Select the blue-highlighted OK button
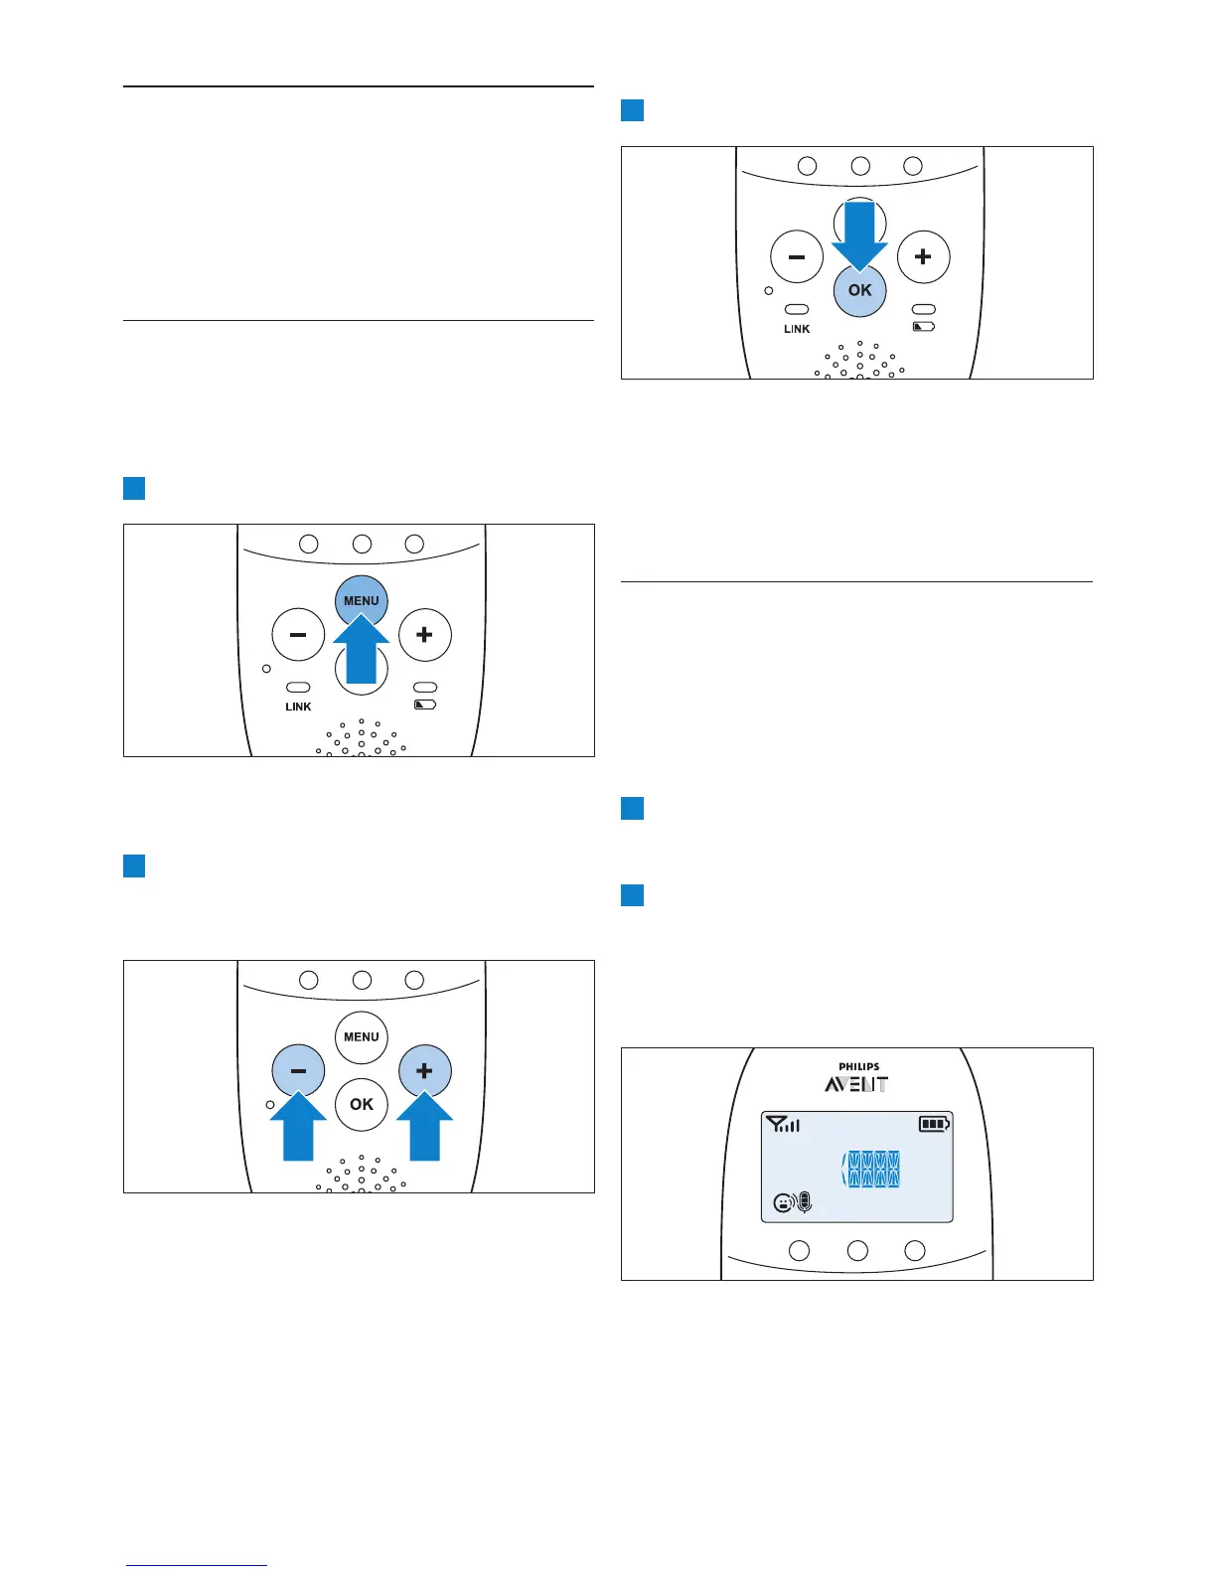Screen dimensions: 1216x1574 tap(860, 291)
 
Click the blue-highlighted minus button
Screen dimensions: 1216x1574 tap(298, 1071)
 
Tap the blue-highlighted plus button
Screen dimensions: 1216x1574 tap(425, 1071)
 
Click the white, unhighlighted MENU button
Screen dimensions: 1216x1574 tap(362, 1036)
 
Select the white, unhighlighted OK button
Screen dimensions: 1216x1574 tap(362, 1104)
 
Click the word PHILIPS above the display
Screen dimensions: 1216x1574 tap(858, 1067)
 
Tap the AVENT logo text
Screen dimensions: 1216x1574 tap(856, 1084)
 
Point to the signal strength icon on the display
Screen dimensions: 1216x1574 tap(783, 1125)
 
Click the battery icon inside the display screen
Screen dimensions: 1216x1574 tap(934, 1125)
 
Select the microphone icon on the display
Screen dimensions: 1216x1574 tap(805, 1202)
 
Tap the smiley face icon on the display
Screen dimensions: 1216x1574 tap(784, 1203)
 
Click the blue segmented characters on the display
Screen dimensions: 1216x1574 tap(872, 1170)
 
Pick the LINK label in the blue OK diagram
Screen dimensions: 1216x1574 tap(797, 329)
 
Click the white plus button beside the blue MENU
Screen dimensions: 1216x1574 tap(425, 635)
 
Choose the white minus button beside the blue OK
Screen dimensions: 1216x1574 tap(797, 257)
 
